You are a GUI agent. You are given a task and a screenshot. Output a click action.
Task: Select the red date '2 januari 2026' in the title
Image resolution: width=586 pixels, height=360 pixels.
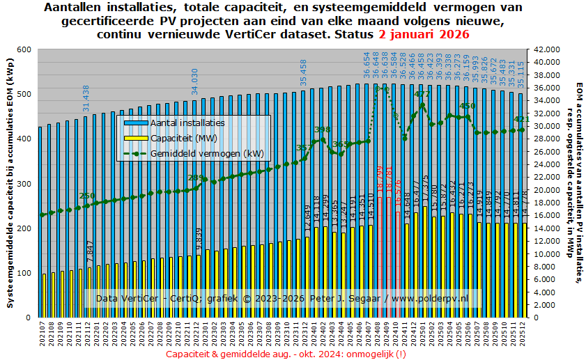pos(424,34)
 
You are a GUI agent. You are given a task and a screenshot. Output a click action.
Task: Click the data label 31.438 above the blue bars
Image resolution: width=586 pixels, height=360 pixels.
pos(86,98)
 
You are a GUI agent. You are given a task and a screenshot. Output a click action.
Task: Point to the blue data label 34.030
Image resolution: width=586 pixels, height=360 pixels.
pos(196,81)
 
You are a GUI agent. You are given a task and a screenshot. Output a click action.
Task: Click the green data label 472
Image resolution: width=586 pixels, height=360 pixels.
pos(422,94)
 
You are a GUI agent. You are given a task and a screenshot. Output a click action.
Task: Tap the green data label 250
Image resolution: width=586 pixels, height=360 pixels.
pos(86,196)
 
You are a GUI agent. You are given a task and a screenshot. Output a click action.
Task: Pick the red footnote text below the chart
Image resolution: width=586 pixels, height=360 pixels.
pos(286,354)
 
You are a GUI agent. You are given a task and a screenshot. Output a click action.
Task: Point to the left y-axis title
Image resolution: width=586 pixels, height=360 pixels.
pos(9,183)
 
